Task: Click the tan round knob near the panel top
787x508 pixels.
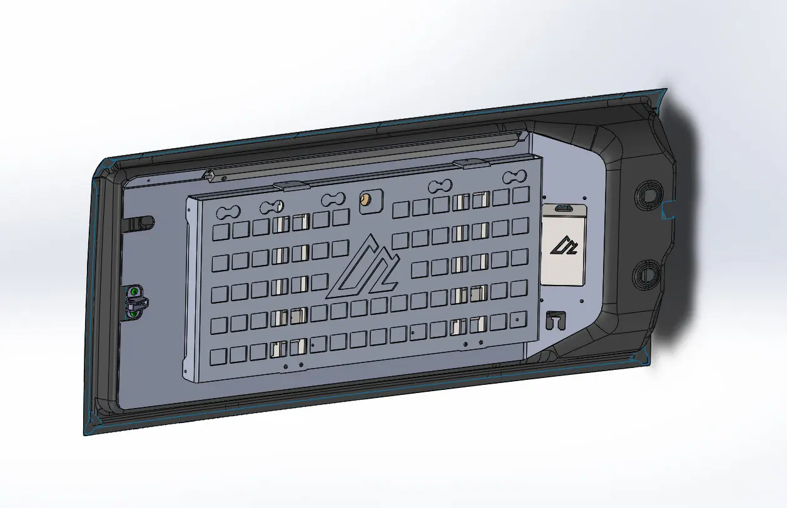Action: [364, 200]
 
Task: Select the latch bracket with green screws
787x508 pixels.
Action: [135, 301]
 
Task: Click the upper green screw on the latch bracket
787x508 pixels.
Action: [135, 291]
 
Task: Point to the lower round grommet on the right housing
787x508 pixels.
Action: [644, 273]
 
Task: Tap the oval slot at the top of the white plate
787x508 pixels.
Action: [564, 208]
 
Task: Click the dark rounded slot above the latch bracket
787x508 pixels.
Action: [143, 222]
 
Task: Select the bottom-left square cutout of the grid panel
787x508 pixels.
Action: [219, 357]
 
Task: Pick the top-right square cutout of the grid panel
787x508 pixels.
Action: [520, 195]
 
